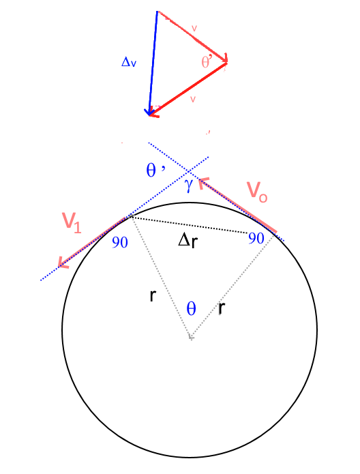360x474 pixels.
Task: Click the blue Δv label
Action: [129, 62]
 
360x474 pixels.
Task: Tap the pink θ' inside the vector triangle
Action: [207, 62]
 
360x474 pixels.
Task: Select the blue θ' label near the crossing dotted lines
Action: [155, 170]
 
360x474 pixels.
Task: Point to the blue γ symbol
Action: [189, 186]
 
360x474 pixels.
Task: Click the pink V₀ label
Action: [257, 192]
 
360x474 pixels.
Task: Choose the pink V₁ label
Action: [72, 222]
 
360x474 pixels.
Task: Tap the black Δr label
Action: [187, 241]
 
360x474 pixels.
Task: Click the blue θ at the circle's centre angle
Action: [191, 309]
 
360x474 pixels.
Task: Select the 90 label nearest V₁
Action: [120, 242]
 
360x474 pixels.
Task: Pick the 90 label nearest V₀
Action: [256, 239]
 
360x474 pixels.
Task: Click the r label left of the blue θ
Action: [153, 295]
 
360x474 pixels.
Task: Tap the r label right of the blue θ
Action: [222, 308]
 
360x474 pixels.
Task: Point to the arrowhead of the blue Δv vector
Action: [149, 115]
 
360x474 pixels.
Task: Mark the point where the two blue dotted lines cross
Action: [190, 172]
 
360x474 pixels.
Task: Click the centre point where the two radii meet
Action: [191, 338]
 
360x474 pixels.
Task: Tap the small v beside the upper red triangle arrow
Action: [194, 29]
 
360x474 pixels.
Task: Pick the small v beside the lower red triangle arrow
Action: [193, 99]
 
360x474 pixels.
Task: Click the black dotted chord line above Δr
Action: [189, 225]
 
